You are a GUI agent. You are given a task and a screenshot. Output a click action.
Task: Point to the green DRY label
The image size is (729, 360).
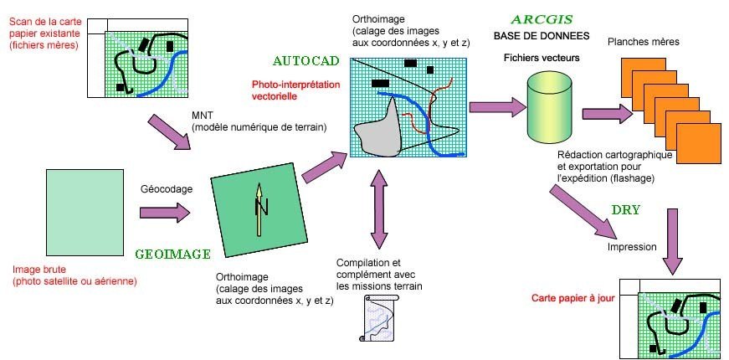(x=627, y=209)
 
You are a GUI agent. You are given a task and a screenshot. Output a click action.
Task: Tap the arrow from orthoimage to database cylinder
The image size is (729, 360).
(x=495, y=106)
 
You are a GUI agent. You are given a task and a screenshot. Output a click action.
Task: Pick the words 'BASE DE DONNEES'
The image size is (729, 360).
(x=541, y=37)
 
